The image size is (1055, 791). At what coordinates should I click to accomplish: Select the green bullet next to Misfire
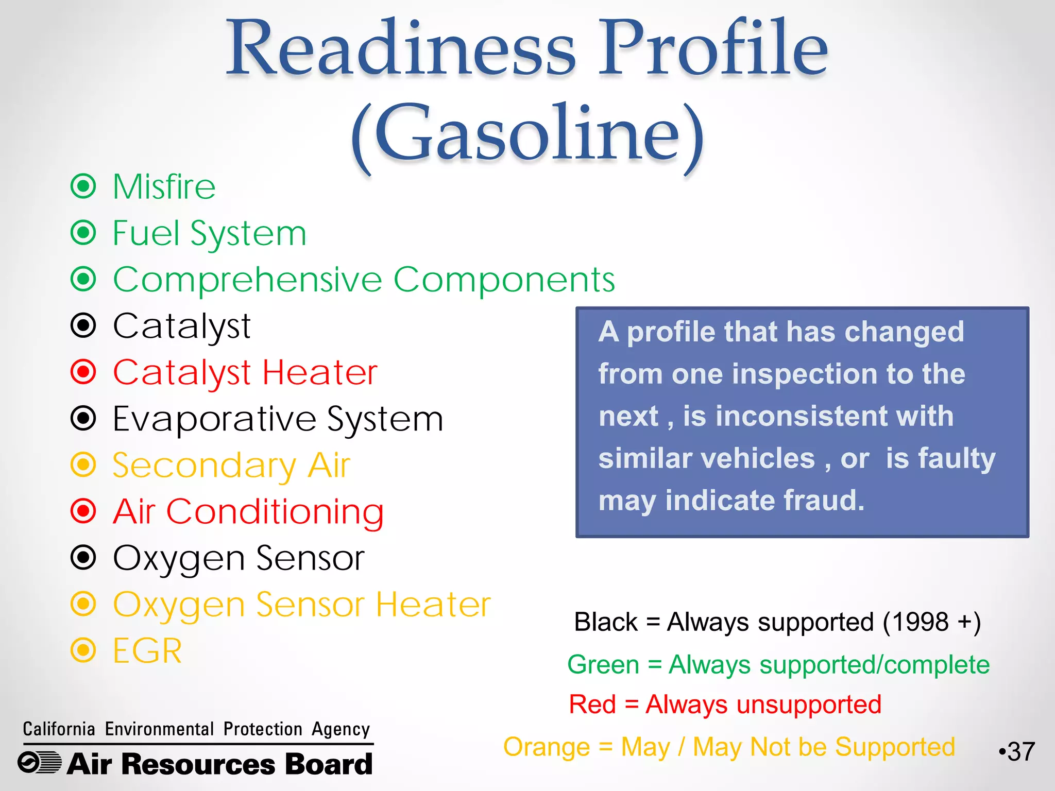pyautogui.click(x=83, y=186)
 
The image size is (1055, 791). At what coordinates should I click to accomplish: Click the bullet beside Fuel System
pyautogui.click(x=83, y=233)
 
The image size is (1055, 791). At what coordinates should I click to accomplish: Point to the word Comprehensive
pyautogui.click(x=247, y=280)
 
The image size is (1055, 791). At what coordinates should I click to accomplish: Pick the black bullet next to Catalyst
pyautogui.click(x=83, y=325)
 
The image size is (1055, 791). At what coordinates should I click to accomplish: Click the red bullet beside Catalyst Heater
pyautogui.click(x=83, y=372)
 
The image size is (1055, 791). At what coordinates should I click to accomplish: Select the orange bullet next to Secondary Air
pyautogui.click(x=83, y=465)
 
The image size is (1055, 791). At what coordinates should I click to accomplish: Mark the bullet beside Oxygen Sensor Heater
pyautogui.click(x=83, y=604)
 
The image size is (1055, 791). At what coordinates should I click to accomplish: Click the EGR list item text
pyautogui.click(x=147, y=651)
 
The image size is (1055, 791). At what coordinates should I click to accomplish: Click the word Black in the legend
pyautogui.click(x=606, y=622)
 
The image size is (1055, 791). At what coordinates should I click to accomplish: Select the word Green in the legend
pyautogui.click(x=603, y=664)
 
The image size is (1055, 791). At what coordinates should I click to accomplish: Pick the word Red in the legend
pyautogui.click(x=592, y=704)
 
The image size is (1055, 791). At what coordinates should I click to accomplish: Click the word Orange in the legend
pyautogui.click(x=546, y=747)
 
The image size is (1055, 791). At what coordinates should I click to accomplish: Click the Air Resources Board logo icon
pyautogui.click(x=40, y=763)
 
